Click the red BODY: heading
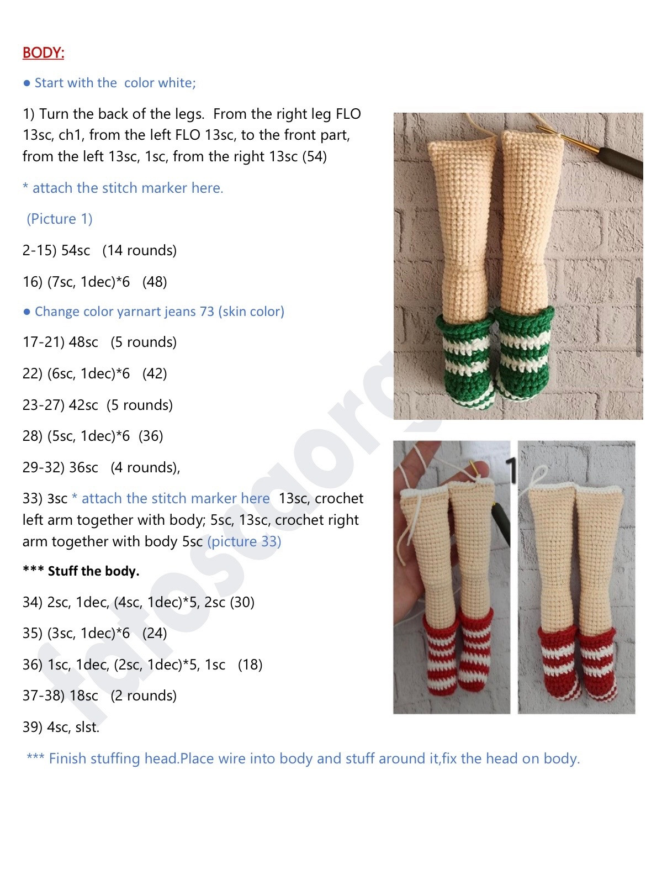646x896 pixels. click(x=43, y=53)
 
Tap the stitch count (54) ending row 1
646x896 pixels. click(x=314, y=157)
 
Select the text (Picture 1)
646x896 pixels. click(x=60, y=219)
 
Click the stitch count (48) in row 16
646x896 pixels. click(x=155, y=282)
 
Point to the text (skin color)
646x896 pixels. click(x=251, y=312)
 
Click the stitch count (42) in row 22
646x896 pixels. click(x=155, y=374)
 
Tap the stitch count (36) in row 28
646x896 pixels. click(x=151, y=436)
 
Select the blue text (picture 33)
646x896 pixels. click(x=244, y=542)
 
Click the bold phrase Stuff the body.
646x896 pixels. click(x=93, y=571)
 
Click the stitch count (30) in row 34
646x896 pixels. click(x=242, y=603)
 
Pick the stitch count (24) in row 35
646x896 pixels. click(x=155, y=634)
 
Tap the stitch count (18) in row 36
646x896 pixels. click(x=250, y=665)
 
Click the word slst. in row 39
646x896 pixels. click(x=87, y=728)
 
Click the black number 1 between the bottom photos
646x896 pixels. click(x=512, y=470)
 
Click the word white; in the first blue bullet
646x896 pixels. click(x=176, y=83)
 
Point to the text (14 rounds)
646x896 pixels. click(x=139, y=251)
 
